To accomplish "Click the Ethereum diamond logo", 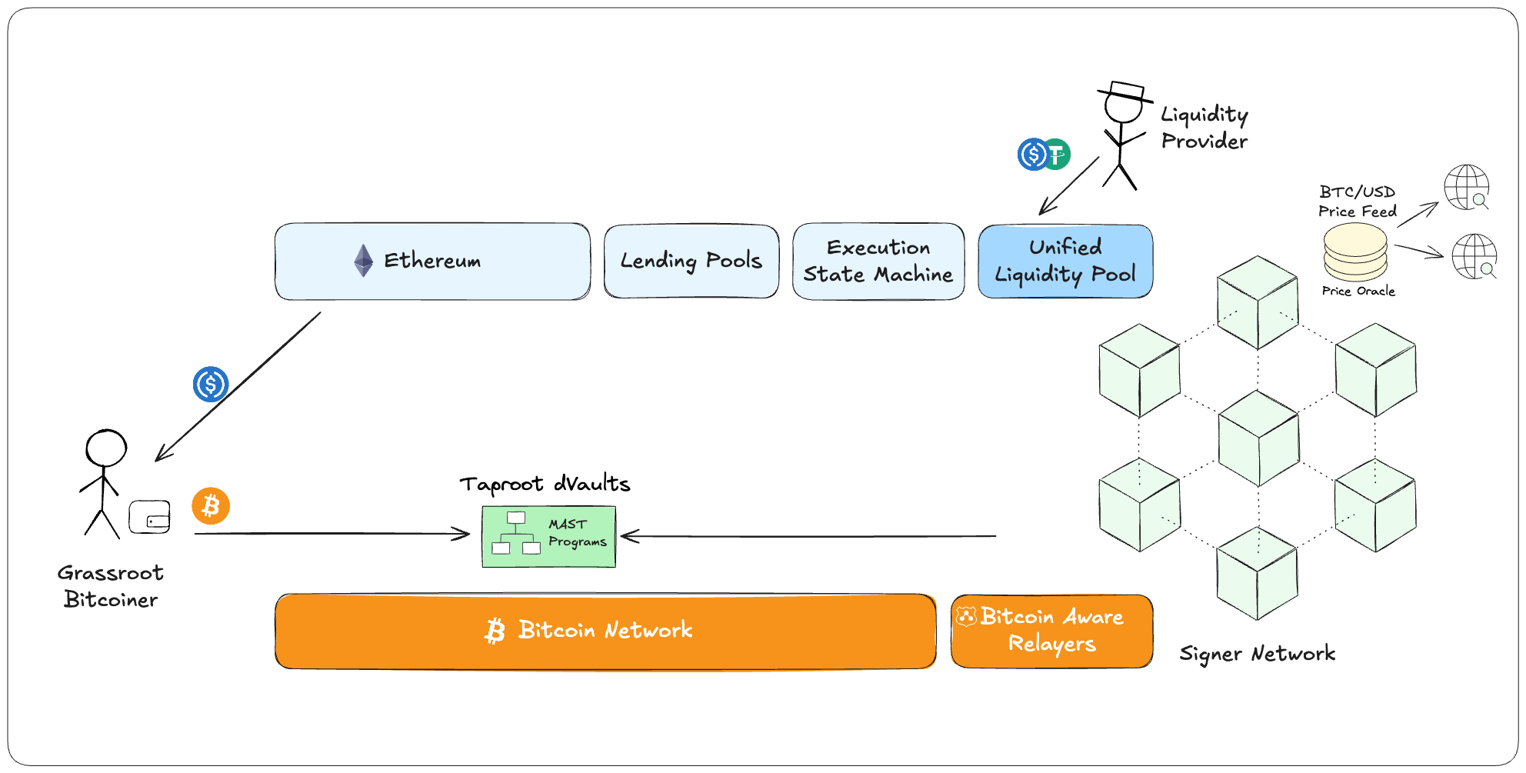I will (363, 261).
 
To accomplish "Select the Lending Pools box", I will (691, 261).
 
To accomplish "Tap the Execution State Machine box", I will (878, 261).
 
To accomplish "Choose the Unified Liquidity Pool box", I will (1065, 261).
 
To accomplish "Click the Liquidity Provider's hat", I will (1125, 92).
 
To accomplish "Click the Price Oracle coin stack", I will (1354, 252).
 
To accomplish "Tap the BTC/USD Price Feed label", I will (1357, 202).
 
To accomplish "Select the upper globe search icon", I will (1467, 187).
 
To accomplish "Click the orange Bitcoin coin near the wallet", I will (211, 506).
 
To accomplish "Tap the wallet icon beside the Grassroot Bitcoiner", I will (149, 517).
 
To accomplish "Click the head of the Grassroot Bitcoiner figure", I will (105, 448).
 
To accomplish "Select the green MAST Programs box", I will (548, 536).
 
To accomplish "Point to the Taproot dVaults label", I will (545, 484).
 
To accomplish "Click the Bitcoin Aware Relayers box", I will (1051, 631).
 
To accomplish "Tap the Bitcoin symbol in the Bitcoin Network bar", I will (495, 631).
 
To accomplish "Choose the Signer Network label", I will (1257, 654).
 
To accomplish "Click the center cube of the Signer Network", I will (1258, 438).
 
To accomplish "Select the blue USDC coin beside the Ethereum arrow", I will (210, 385).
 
